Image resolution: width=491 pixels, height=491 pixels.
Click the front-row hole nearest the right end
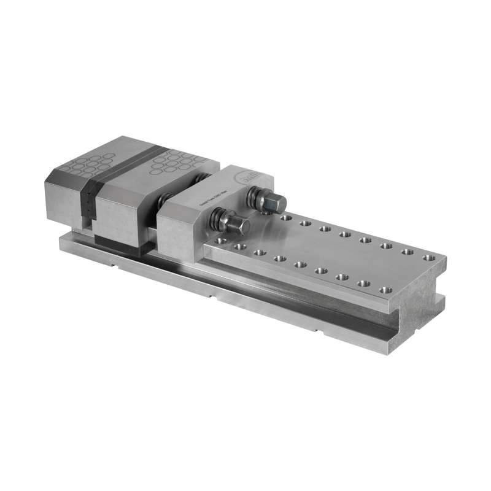[x=385, y=289]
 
